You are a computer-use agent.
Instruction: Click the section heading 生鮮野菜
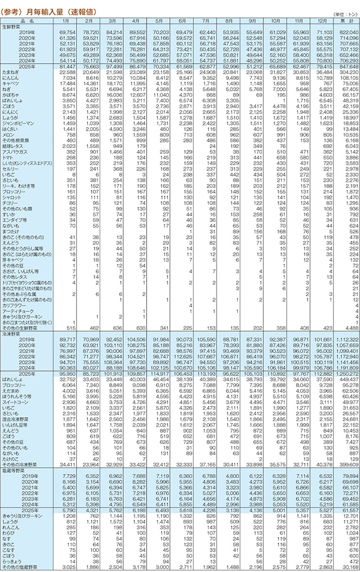[x=13, y=26]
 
